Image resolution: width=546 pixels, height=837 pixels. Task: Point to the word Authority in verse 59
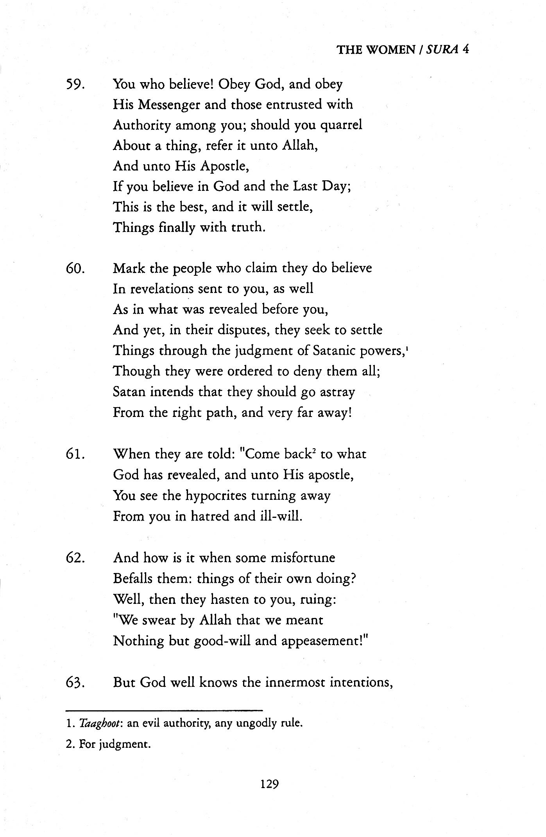coord(142,126)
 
